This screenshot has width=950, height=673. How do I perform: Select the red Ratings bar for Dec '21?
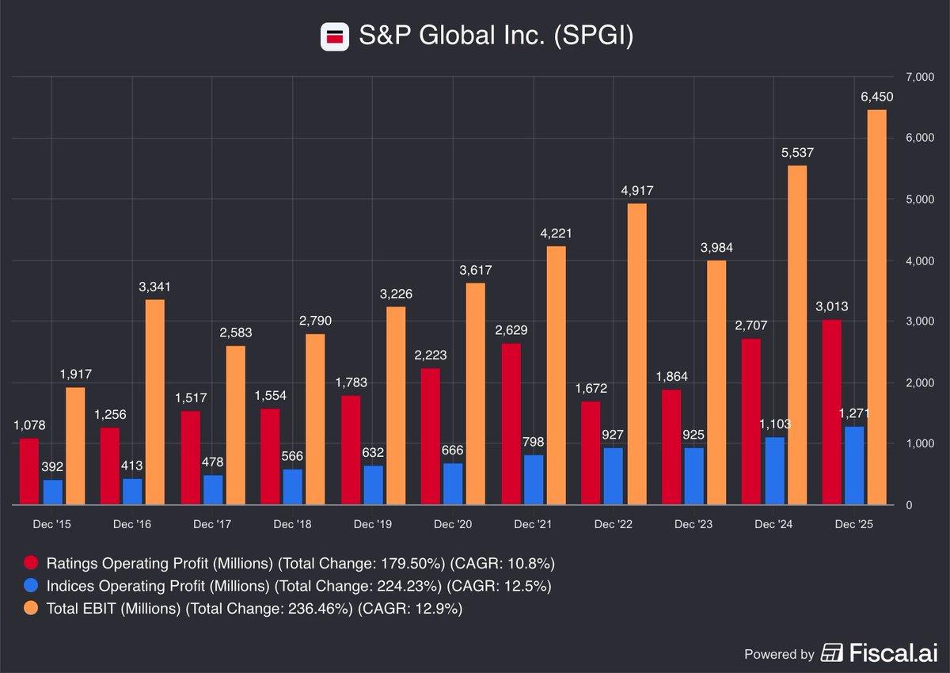tap(511, 424)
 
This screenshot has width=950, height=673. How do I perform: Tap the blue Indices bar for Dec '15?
tap(53, 492)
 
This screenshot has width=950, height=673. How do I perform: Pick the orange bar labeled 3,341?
tap(155, 401)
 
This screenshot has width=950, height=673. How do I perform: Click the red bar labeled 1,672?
tap(591, 453)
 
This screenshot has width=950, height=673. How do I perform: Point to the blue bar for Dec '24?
tap(776, 470)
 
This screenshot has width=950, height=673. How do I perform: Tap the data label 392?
tap(52, 467)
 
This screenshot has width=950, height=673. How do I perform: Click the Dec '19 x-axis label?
tap(373, 524)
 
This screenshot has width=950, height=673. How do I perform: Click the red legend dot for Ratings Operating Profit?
tap(31, 564)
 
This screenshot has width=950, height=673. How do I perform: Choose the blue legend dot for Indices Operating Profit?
tap(31, 587)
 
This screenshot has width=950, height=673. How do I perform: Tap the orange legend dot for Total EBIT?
tap(31, 609)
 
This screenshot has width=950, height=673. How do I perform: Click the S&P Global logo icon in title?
tap(335, 36)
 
